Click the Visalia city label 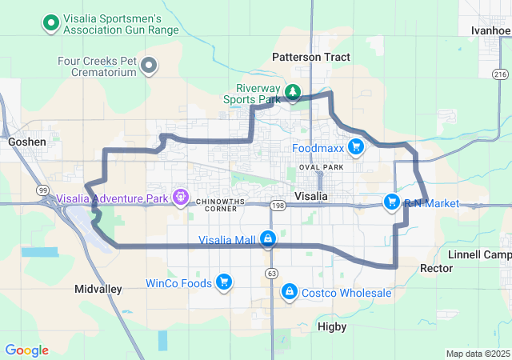(x=311, y=196)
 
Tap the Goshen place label (x=27, y=142)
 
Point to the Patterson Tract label (x=311, y=57)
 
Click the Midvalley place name (x=98, y=288)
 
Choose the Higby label (x=331, y=326)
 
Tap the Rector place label (x=437, y=269)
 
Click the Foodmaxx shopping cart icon (x=356, y=147)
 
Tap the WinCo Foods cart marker (x=224, y=282)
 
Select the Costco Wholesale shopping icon (x=288, y=293)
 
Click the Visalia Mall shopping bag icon (x=268, y=239)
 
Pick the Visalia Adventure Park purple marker (x=181, y=197)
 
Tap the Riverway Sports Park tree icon (x=294, y=94)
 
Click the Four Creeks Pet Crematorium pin (x=149, y=66)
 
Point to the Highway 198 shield (x=278, y=206)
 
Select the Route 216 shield (x=501, y=74)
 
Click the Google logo (x=27, y=350)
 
